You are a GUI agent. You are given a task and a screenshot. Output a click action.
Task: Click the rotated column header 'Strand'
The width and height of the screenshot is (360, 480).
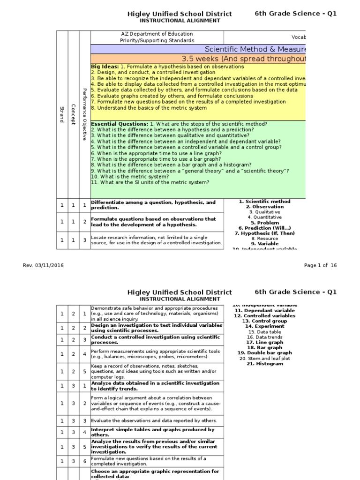(x=61, y=114)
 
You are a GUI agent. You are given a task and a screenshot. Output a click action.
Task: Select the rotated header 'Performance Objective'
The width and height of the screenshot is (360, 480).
(x=84, y=114)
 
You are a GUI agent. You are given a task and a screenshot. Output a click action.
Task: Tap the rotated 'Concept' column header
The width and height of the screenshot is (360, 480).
(x=73, y=114)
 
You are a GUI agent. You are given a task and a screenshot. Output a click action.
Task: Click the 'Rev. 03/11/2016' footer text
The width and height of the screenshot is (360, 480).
(x=43, y=265)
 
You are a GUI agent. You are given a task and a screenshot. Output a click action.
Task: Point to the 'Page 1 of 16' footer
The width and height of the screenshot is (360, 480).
(x=320, y=265)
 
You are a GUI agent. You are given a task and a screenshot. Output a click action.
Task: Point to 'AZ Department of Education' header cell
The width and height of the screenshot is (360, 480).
(x=157, y=34)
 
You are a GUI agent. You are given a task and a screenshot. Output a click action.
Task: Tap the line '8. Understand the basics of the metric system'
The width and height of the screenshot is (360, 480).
(x=149, y=108)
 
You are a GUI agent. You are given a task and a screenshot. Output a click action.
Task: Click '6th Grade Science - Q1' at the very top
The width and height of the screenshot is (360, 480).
(x=295, y=14)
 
